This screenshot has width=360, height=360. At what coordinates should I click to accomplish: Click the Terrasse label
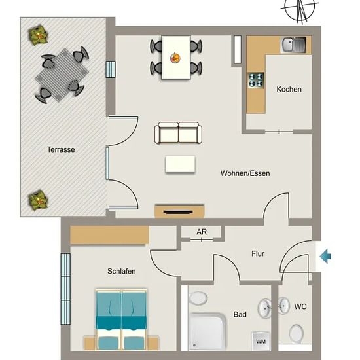pos(61,149)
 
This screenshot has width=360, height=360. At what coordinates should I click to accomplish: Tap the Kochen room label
pos(289,89)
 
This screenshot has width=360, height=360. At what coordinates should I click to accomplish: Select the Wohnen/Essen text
pos(245,173)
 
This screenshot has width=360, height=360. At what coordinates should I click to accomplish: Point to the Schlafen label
pos(122,271)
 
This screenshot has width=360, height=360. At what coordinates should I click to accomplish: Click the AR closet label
pos(202,232)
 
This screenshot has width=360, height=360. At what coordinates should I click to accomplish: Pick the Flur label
pos(258,253)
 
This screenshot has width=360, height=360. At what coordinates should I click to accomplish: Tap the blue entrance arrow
pos(325,256)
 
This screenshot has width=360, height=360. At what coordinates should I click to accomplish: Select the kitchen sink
pos(293,45)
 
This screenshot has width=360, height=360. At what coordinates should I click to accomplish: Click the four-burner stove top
pos(256,80)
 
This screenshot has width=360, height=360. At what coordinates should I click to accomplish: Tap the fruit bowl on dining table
pos(175,58)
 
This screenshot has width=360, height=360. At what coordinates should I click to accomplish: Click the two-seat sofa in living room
pos(178,133)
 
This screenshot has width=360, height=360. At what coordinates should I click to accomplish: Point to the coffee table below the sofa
pos(180,164)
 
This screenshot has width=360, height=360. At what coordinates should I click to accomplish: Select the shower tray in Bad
pos(207,331)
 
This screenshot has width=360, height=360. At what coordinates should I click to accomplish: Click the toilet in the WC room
pos(297,333)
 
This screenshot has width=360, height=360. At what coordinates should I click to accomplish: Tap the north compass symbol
pos(300,10)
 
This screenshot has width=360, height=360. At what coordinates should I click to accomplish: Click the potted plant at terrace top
pos(38,35)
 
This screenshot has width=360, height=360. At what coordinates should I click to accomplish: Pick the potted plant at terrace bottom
pos(38,200)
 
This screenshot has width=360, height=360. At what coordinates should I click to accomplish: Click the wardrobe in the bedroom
pos(109,235)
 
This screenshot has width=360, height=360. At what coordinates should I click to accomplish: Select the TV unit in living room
pos(179,211)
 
